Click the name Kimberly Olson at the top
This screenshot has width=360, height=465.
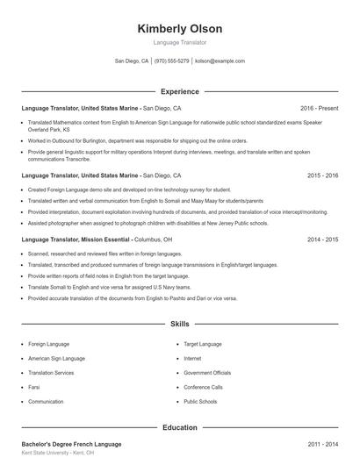(x=180, y=28)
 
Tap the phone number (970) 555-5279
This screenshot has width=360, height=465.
(x=171, y=61)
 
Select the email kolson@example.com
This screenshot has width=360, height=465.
(x=220, y=61)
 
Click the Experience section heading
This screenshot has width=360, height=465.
(x=180, y=91)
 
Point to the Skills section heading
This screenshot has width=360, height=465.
(x=180, y=324)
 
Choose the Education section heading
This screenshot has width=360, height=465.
(x=180, y=427)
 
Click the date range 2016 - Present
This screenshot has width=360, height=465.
(x=319, y=108)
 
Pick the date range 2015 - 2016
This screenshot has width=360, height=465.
(x=322, y=175)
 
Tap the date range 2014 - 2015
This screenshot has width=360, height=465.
(x=322, y=239)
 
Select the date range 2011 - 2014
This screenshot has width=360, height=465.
(x=322, y=444)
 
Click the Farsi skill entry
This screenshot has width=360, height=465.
(x=35, y=387)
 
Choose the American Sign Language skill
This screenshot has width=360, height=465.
(x=56, y=358)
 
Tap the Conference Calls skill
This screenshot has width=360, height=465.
(x=203, y=387)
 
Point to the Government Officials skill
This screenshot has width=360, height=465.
(x=207, y=372)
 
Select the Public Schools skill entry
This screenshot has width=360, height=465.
(x=200, y=401)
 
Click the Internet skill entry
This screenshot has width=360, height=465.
(x=192, y=358)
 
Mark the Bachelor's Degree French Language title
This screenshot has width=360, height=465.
(x=71, y=444)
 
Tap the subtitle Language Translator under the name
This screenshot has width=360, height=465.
(x=180, y=42)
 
